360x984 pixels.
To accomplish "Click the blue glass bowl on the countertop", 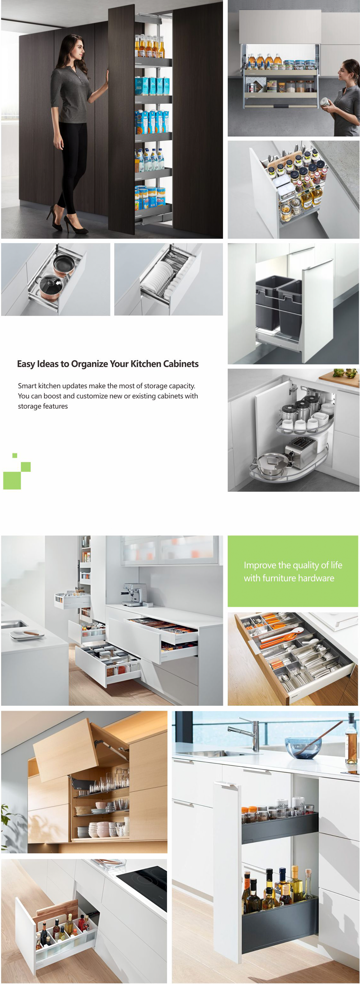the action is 303,748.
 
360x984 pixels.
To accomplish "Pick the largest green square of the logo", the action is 12,480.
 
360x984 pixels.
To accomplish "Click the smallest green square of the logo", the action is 15,455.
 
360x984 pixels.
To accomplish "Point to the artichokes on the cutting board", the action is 345,372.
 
